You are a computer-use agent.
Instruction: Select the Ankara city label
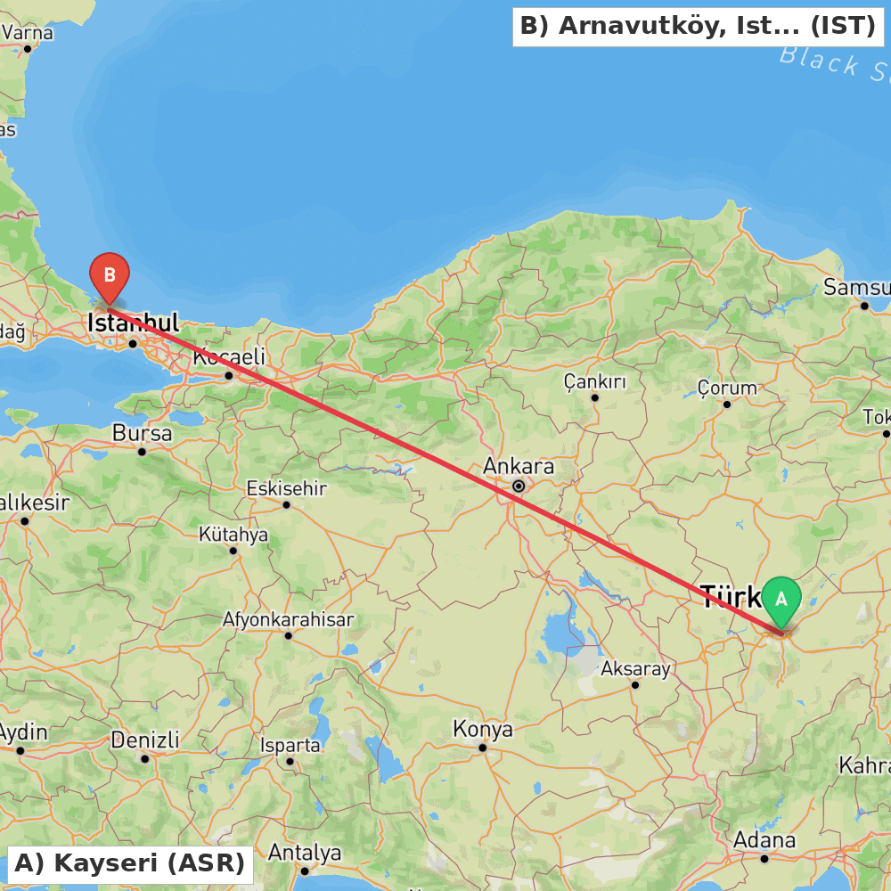coord(519,466)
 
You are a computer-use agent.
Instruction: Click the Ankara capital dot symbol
coord(519,486)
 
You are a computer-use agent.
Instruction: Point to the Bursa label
coord(143,433)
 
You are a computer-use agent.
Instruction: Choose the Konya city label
coord(483,729)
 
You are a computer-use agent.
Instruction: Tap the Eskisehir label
coord(287,488)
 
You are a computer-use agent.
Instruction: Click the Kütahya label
coord(233,535)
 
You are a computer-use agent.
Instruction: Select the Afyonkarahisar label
coord(288,618)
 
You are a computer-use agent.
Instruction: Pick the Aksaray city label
coord(635,668)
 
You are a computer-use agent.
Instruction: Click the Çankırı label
coord(594,382)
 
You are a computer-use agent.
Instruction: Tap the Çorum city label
coord(727,388)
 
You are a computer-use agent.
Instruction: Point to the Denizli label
coord(145,740)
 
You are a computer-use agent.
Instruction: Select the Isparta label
coord(290,745)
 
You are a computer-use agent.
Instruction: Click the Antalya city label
coord(305,853)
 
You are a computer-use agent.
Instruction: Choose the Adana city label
coord(764,840)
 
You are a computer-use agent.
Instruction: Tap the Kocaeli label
coord(229,357)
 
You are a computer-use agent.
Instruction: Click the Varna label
coord(29,33)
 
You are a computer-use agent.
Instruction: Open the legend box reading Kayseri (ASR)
coord(129,863)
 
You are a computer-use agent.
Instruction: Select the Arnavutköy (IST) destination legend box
coord(698,26)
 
